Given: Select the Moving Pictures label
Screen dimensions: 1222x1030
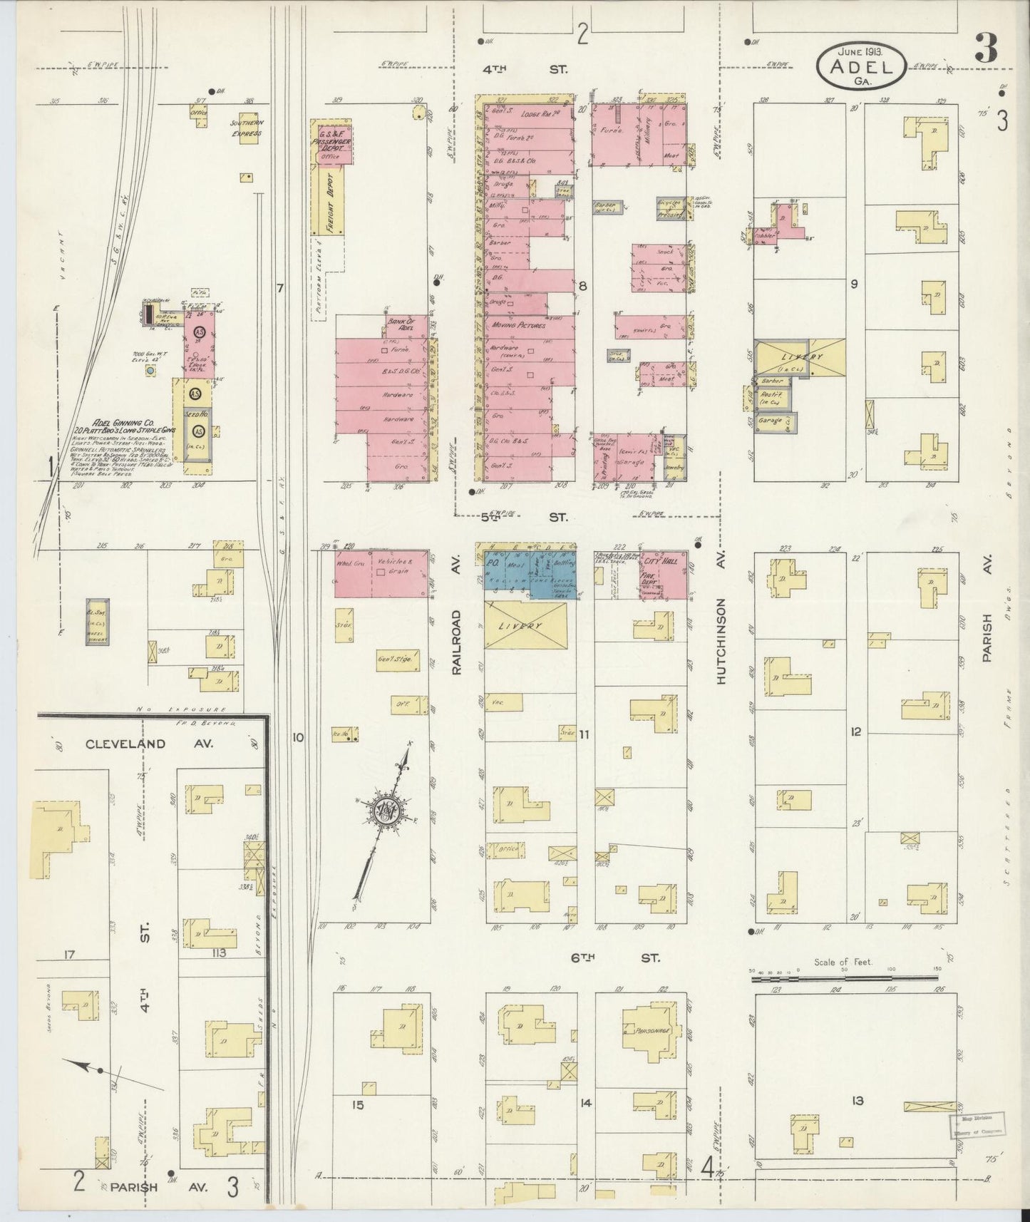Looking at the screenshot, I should click(518, 325).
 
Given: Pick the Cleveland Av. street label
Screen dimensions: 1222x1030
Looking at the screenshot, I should click(125, 744).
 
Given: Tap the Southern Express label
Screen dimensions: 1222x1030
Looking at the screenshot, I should click(246, 128).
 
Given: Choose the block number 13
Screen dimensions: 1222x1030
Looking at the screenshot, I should click(857, 1101).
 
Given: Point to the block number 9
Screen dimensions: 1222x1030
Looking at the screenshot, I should click(853, 284).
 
